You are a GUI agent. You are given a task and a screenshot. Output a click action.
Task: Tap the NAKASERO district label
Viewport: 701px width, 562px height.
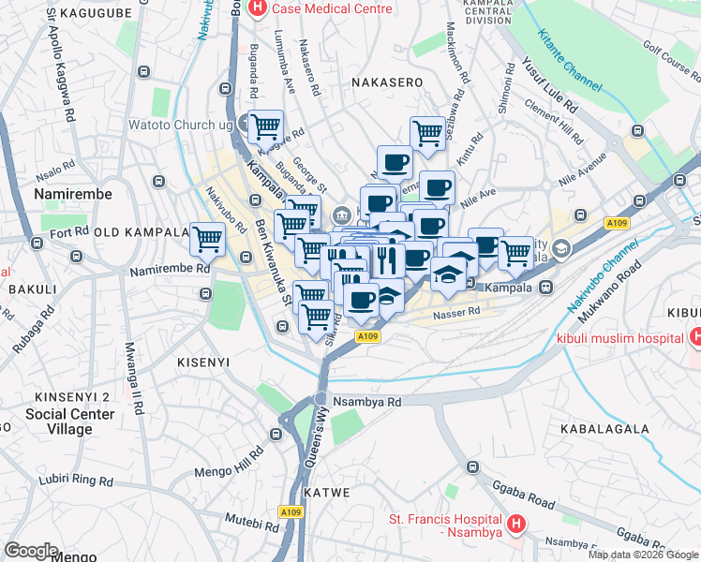pos(388,82)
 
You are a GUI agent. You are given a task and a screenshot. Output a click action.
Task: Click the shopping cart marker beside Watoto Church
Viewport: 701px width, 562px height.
pos(266,125)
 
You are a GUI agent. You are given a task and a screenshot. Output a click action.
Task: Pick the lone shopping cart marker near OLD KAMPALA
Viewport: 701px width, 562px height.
pos(207,239)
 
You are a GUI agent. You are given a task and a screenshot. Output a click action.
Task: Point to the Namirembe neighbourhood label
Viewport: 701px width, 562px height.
pos(72,194)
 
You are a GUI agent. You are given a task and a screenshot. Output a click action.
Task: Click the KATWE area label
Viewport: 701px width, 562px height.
pos(326,492)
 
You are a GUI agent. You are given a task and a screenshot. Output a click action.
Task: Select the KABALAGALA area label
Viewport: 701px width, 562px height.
pos(604,429)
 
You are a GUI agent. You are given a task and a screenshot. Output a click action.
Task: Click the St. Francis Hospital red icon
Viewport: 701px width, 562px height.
pos(514,525)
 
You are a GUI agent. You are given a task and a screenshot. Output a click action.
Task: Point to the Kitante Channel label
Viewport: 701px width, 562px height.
pos(570,60)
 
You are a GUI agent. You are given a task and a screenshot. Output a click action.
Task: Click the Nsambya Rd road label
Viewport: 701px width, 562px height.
pos(366,401)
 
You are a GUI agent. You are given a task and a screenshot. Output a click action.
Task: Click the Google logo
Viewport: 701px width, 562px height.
pos(31,551)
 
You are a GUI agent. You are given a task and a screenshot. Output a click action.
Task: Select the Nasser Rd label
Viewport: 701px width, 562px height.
pos(455,312)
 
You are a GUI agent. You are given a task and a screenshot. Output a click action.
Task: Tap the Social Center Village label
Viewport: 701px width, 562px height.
pos(70,421)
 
